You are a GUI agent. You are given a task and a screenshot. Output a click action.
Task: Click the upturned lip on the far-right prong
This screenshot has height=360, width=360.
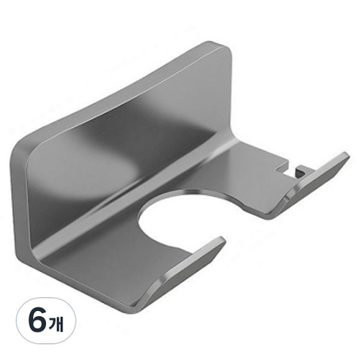[x=315, y=180]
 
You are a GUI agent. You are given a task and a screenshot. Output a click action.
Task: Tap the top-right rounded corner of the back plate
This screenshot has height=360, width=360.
[x=225, y=51]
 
